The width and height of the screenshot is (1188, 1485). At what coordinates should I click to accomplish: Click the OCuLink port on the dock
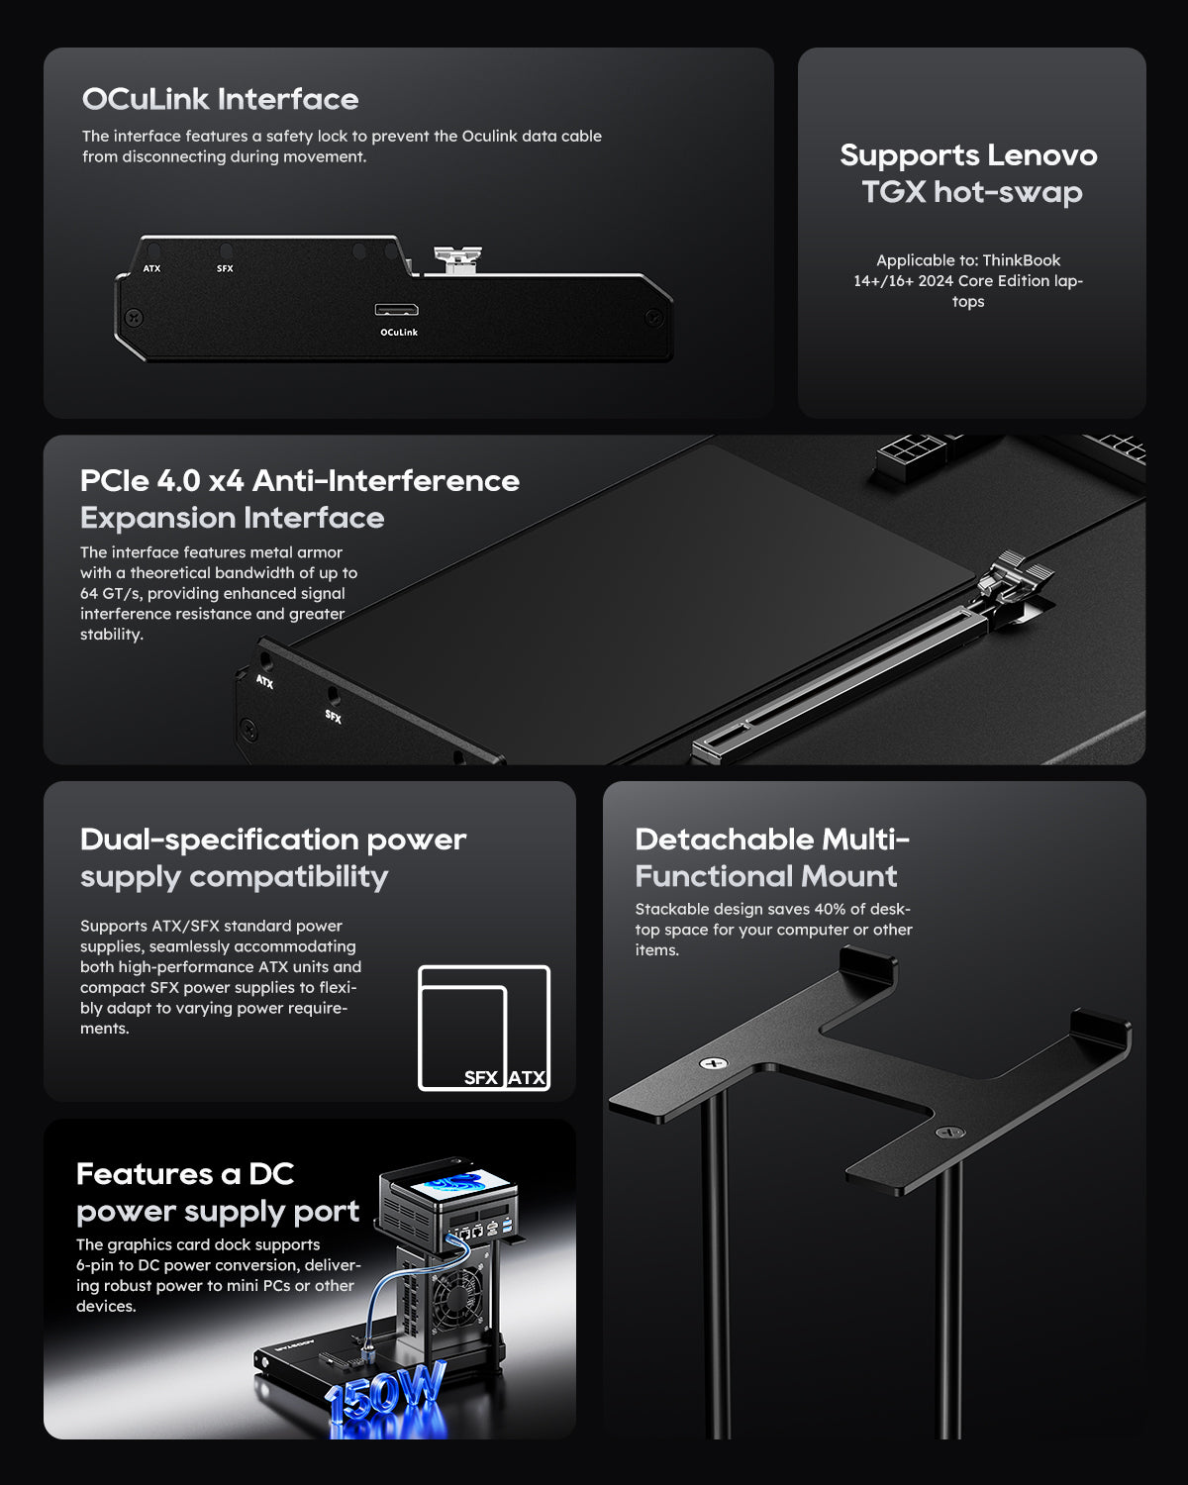click(x=396, y=310)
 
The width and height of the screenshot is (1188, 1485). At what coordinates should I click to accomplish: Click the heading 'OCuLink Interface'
click(x=220, y=99)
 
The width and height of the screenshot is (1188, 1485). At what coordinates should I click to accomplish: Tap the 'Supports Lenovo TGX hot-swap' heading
click(x=968, y=173)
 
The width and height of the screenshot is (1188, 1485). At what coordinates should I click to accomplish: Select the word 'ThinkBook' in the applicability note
click(x=1022, y=260)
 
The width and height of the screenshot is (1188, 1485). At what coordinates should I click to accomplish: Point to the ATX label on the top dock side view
click(x=151, y=268)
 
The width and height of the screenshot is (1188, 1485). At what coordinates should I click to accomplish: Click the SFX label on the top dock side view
click(x=225, y=268)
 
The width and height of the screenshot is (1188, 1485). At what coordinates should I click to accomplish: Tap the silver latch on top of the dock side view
click(x=457, y=259)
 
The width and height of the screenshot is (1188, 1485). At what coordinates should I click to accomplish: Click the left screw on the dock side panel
click(x=136, y=318)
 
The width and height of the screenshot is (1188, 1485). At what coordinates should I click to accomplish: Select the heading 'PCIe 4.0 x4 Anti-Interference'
click(x=299, y=480)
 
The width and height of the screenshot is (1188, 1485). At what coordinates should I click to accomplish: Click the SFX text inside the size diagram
click(x=480, y=1077)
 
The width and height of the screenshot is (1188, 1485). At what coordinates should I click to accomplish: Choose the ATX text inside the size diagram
click(x=527, y=1077)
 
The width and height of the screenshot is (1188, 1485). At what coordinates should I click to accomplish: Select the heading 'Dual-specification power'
click(x=272, y=840)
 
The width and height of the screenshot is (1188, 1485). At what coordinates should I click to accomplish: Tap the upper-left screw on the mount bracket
click(x=713, y=1063)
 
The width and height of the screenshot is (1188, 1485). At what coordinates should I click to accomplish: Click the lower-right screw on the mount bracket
click(x=950, y=1132)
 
